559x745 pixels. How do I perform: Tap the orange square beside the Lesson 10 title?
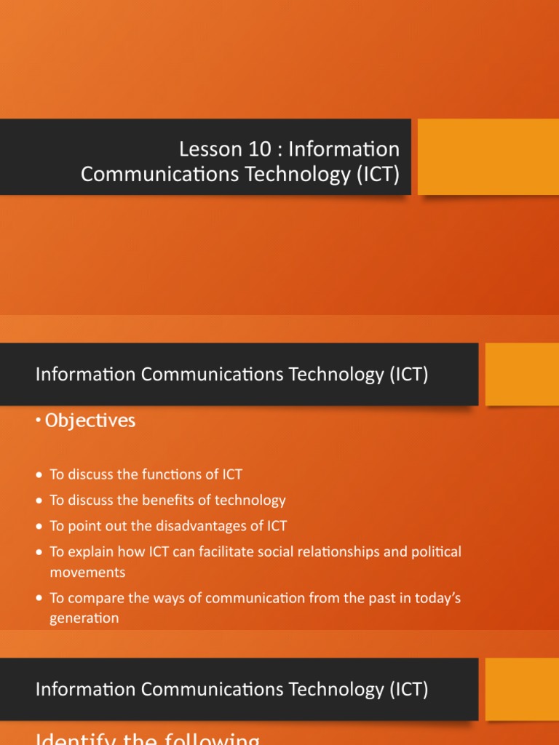coord(488,156)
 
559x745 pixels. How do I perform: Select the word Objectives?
coord(90,421)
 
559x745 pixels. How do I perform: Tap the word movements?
coord(87,572)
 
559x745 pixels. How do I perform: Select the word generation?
coord(84,618)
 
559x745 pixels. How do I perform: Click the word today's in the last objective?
coord(435,598)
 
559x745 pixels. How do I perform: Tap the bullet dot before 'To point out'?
coord(39,527)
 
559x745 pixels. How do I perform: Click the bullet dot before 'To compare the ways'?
coord(39,599)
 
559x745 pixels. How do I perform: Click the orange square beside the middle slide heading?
coord(522,374)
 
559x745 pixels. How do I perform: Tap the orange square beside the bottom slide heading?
coord(522,689)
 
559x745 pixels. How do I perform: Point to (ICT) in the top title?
coord(378,175)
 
